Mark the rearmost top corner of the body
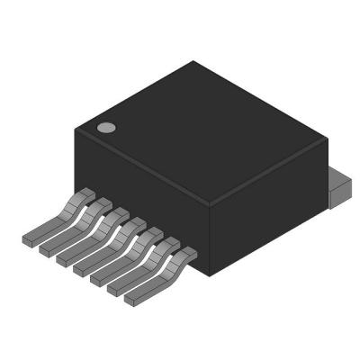coord(193,62)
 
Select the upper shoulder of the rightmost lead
coord(184,256)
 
